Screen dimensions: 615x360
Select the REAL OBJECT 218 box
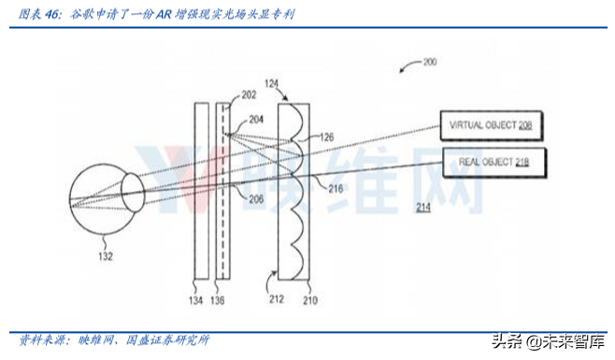493,162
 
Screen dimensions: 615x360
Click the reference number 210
309,301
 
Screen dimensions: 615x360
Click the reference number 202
248,95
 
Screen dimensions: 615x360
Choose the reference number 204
255,121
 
